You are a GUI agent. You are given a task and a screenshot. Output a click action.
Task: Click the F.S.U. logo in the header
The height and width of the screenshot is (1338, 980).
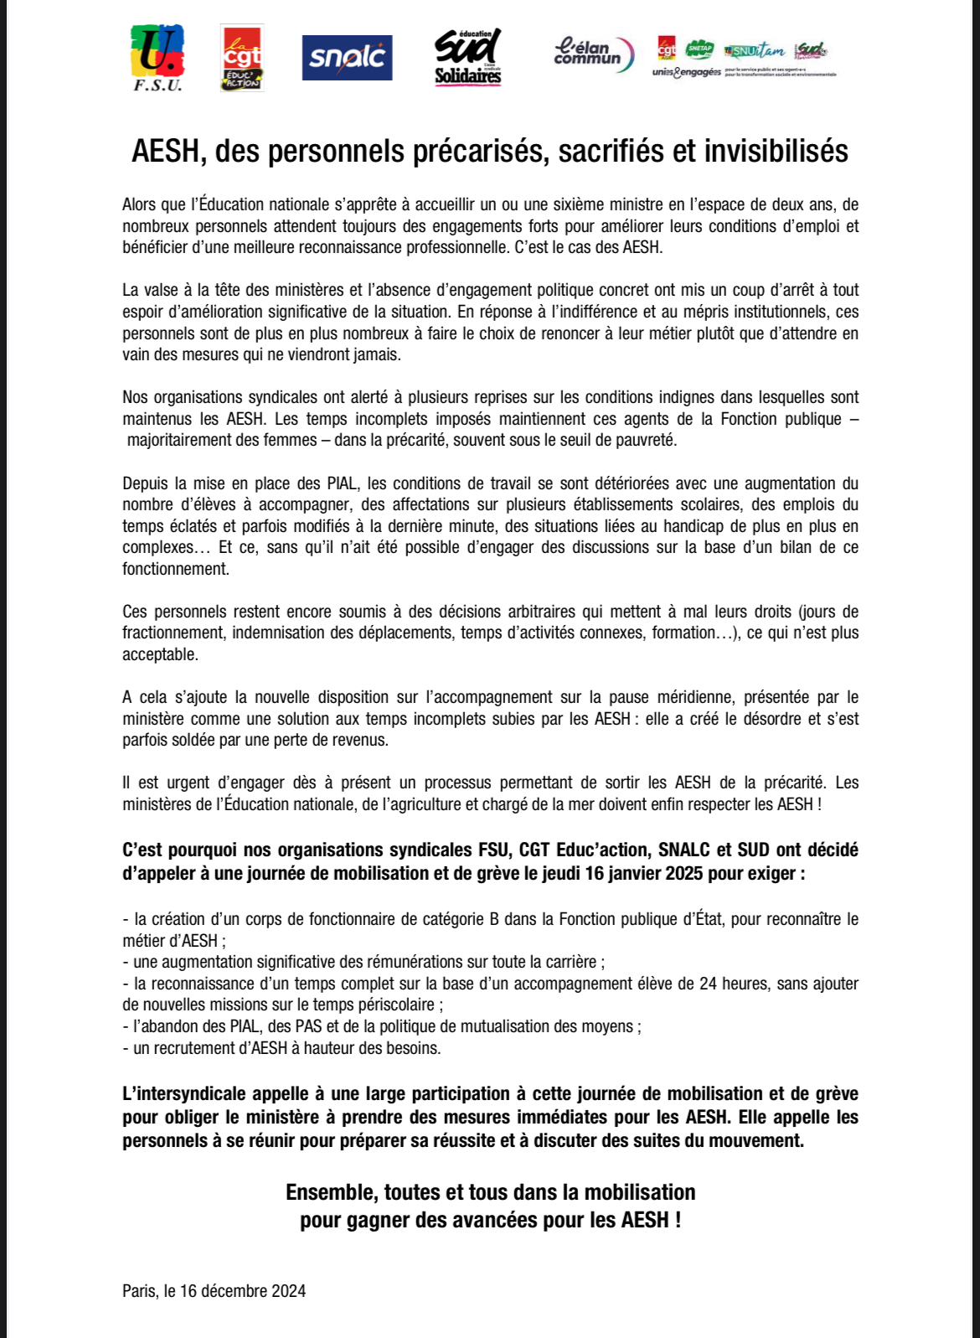coord(157,57)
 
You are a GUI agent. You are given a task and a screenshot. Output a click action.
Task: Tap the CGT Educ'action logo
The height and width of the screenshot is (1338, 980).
coord(242,57)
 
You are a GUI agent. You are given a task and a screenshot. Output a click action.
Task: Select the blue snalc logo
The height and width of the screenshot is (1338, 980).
coord(347,58)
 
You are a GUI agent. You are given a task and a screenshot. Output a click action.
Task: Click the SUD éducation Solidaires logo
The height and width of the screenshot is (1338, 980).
coord(467,57)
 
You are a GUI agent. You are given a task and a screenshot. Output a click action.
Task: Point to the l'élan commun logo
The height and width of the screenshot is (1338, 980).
coord(593,54)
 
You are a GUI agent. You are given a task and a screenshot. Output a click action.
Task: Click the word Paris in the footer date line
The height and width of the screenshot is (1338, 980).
coord(139,1291)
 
